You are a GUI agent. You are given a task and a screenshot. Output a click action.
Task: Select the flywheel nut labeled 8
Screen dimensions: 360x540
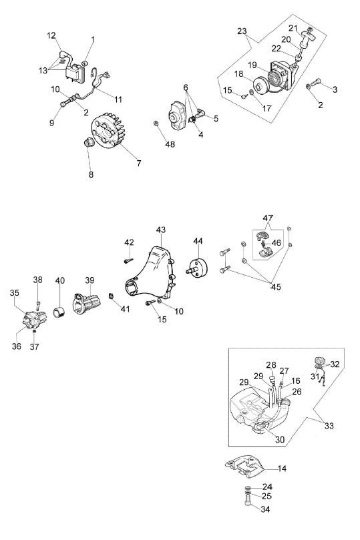[89, 142]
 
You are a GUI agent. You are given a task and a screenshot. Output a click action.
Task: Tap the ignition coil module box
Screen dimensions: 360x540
[75, 73]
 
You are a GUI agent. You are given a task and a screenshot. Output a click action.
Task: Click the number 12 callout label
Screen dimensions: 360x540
[51, 35]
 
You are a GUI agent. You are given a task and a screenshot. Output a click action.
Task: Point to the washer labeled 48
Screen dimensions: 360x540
[156, 123]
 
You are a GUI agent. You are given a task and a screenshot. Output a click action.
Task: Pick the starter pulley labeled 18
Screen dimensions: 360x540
[259, 84]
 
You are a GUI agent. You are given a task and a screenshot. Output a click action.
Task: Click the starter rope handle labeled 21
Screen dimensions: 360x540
[307, 39]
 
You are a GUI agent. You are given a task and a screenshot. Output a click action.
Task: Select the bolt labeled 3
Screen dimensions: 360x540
[316, 82]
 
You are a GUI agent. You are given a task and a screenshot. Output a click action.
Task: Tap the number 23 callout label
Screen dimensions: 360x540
[242, 31]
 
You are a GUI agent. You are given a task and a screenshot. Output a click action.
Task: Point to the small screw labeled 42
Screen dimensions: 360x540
[128, 261]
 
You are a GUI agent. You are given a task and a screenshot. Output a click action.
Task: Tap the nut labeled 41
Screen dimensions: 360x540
[111, 296]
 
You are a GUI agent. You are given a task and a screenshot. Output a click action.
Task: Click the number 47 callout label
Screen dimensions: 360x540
[268, 218]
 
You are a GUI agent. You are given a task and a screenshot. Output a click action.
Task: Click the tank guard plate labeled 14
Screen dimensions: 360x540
[244, 467]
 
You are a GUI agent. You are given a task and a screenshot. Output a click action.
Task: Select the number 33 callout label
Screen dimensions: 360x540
[329, 426]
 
